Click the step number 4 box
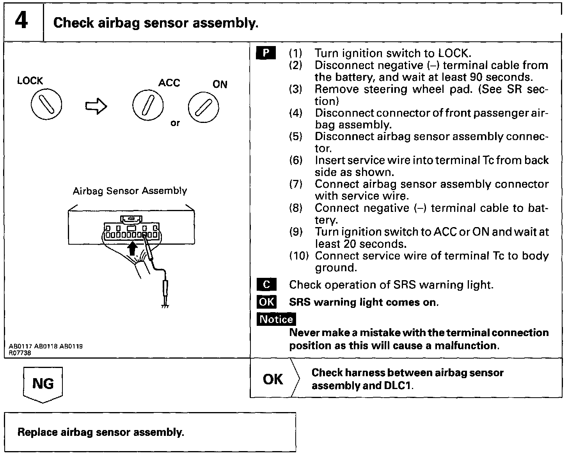pyautogui.click(x=22, y=21)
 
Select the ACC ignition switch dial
pyautogui.click(x=147, y=106)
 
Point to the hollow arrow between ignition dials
pyautogui.click(x=96, y=106)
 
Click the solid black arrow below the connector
pyautogui.click(x=133, y=248)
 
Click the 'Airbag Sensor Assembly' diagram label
pyautogui.click(x=130, y=191)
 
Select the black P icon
pyautogui.click(x=266, y=53)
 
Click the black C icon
pyautogui.click(x=266, y=284)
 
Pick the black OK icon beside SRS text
pyautogui.click(x=266, y=302)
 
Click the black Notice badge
pyautogui.click(x=276, y=319)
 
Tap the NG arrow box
pyautogui.click(x=43, y=384)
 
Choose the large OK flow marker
pyautogui.click(x=273, y=379)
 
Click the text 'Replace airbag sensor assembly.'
pyautogui.click(x=101, y=432)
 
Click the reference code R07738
pyautogui.click(x=20, y=353)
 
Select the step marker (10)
pyautogui.click(x=299, y=256)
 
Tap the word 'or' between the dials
pyautogui.click(x=175, y=123)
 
